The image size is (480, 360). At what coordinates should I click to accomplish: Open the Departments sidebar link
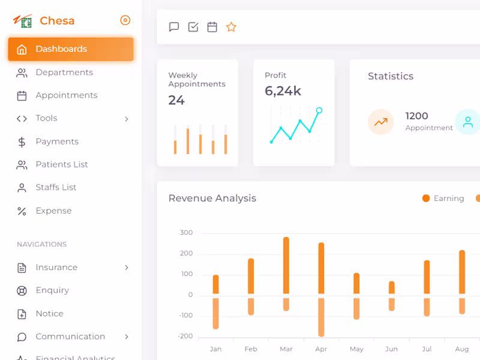tap(64, 73)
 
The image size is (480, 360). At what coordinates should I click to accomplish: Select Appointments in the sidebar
tap(66, 95)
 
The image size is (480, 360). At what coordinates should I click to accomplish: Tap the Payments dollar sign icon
tap(22, 142)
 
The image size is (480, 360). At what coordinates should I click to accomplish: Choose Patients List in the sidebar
tap(62, 164)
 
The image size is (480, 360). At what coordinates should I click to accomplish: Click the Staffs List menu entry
tap(56, 187)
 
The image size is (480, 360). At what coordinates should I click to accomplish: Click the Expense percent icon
tap(22, 211)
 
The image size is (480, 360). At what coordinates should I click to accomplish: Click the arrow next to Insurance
tap(127, 268)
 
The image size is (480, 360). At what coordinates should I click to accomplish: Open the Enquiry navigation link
tap(52, 290)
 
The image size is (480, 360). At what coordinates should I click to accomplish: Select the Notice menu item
tap(49, 314)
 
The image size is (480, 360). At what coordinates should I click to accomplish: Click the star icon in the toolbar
tap(231, 27)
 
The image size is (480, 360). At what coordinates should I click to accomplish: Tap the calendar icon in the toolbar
tap(212, 27)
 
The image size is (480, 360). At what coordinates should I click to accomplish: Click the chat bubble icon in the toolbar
tap(174, 27)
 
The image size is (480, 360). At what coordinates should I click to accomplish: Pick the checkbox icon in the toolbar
tap(193, 27)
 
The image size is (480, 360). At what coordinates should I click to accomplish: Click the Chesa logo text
tap(57, 21)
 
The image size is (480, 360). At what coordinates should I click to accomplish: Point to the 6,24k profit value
tap(283, 91)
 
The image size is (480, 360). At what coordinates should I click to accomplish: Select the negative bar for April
tap(322, 317)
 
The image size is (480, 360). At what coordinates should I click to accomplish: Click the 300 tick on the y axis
tap(186, 233)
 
